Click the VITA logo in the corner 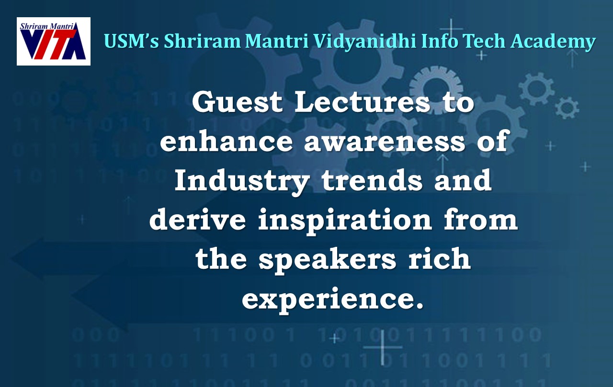(54, 41)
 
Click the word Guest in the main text (238, 103)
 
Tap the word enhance (227, 142)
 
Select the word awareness (385, 142)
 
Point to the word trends (372, 181)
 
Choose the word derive (197, 220)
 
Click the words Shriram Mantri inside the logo (47, 27)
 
